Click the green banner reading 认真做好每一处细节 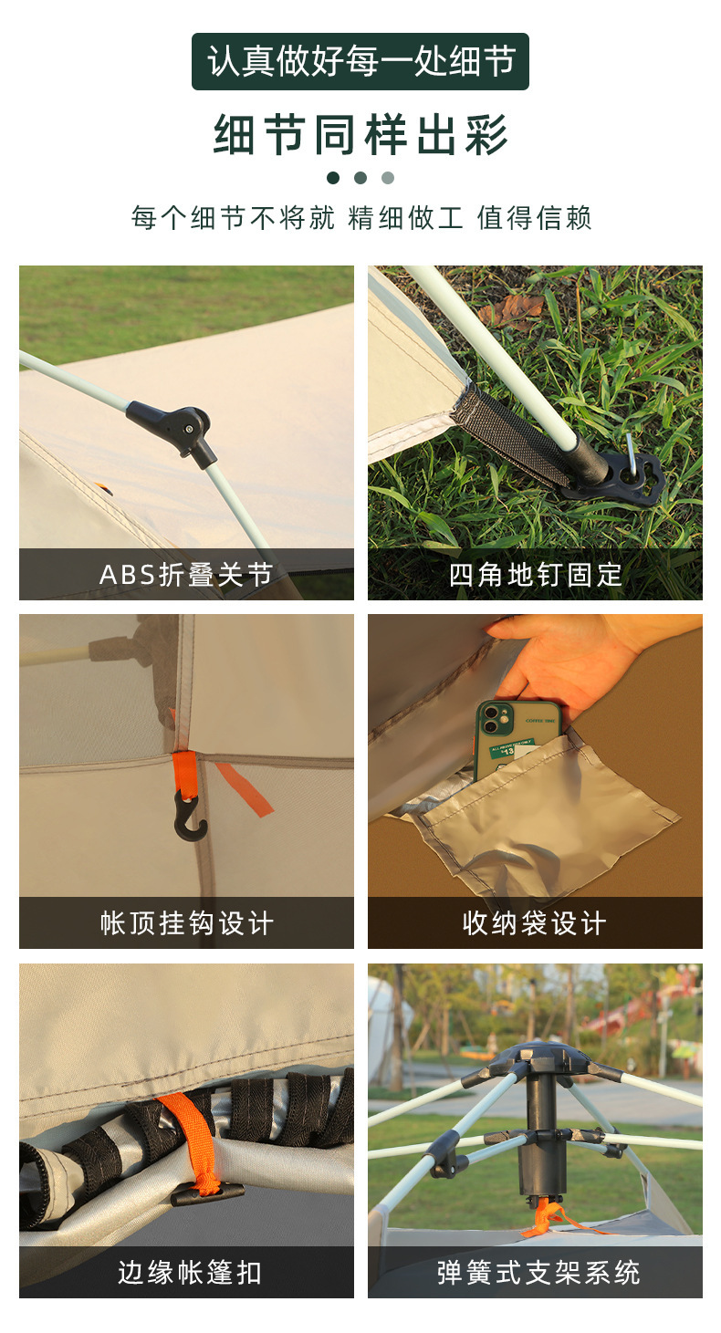pos(360,61)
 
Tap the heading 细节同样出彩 pos(360,134)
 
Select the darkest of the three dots pos(333,177)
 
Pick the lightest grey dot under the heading pos(388,177)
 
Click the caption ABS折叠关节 pos(186,574)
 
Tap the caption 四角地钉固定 pos(535,574)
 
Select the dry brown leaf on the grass pos(513,310)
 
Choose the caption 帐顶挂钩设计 pos(186,923)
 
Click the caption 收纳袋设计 pos(535,923)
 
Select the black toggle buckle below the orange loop pos(207,1193)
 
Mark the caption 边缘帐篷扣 pos(189,1272)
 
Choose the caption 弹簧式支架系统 pos(538,1272)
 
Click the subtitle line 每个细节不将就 pos(233,217)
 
